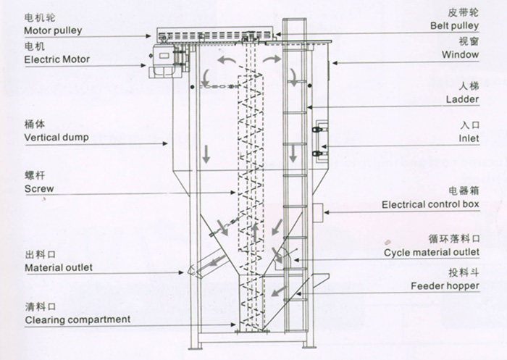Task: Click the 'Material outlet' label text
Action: pyautogui.click(x=59, y=267)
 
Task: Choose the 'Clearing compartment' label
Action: pyautogui.click(x=77, y=319)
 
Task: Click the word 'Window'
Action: pyautogui.click(x=462, y=54)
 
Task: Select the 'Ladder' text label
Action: pyautogui.click(x=464, y=98)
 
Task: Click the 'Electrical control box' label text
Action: pyautogui.click(x=431, y=205)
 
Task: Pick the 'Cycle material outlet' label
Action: pyautogui.click(x=432, y=251)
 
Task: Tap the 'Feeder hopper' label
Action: pyautogui.click(x=445, y=286)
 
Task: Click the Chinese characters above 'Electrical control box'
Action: pyautogui.click(x=464, y=191)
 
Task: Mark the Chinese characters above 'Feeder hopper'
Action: pyautogui.click(x=464, y=272)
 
